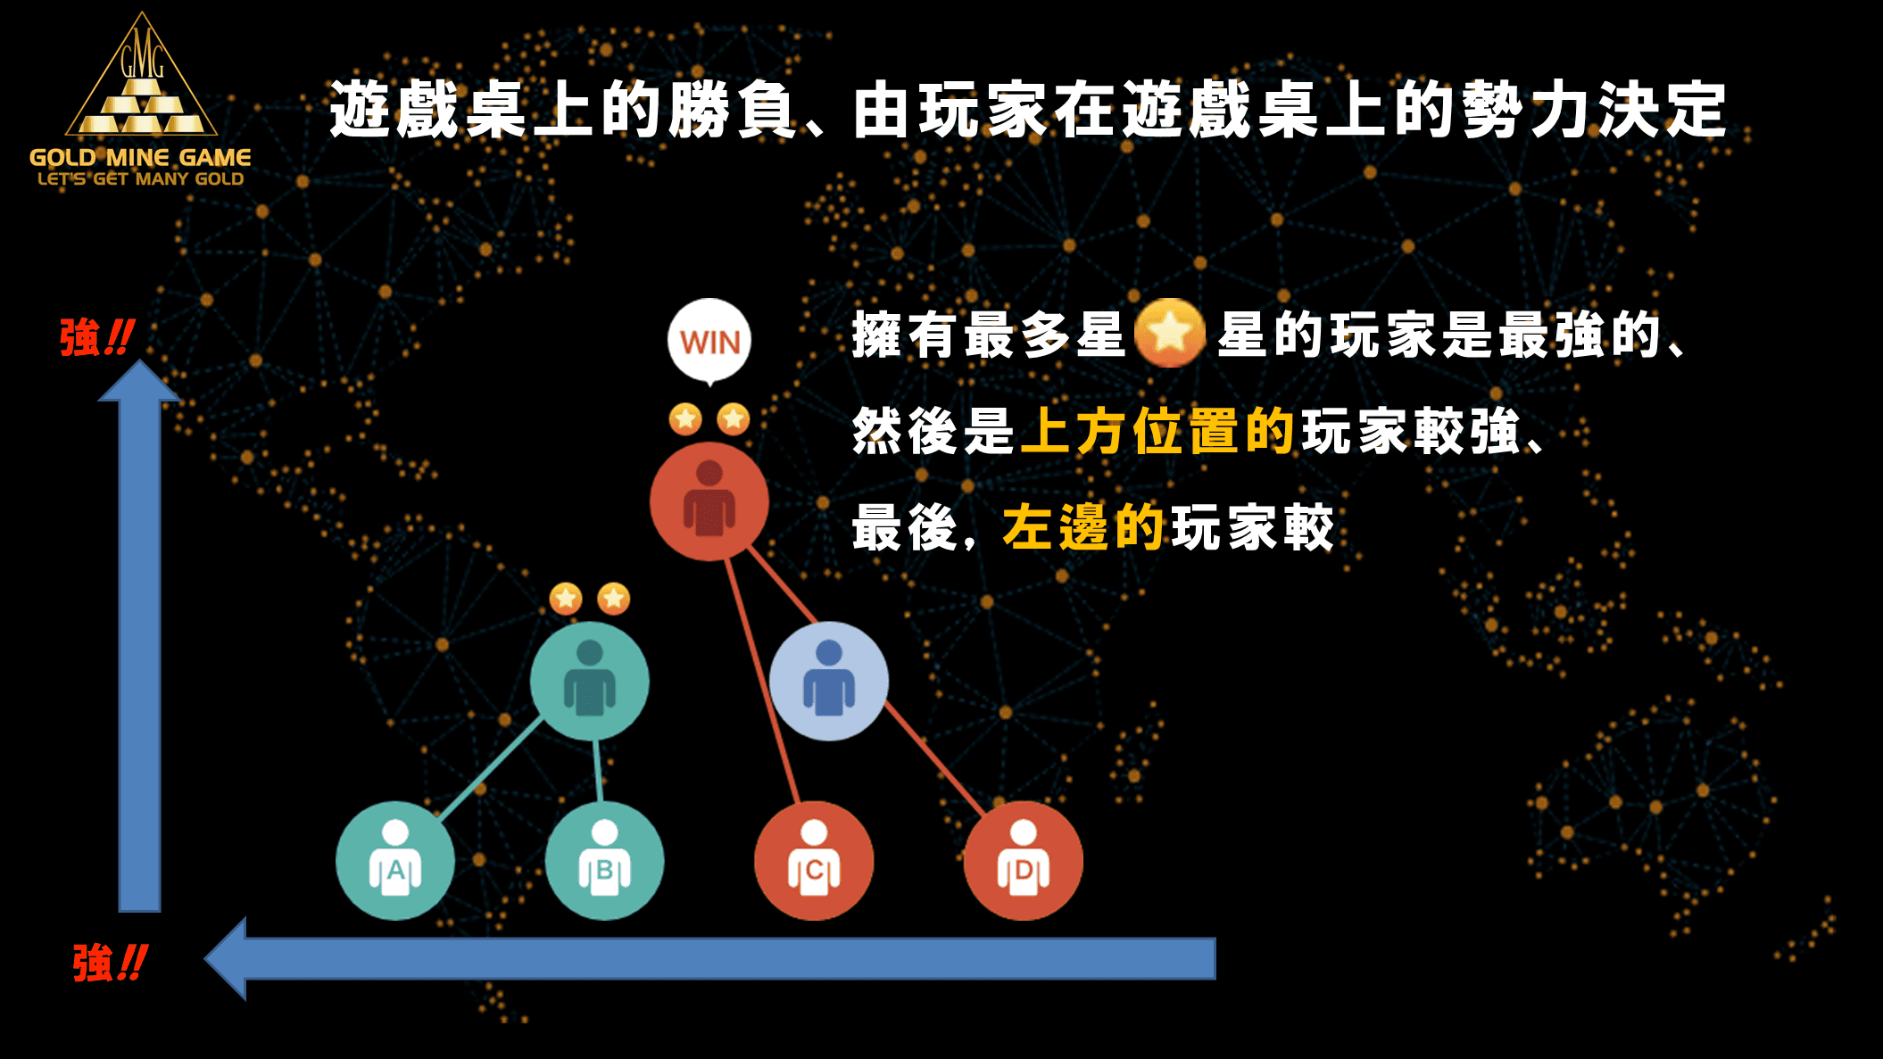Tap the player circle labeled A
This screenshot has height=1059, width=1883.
point(395,861)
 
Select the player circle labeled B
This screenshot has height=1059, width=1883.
point(605,861)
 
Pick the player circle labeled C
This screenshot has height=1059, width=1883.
point(814,861)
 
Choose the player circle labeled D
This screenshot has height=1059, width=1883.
point(1024,861)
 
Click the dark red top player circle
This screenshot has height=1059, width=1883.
point(709,501)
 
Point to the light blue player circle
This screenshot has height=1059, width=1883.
point(829,681)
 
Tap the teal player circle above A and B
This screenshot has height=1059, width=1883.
point(590,681)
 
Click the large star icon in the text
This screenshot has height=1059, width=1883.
point(1170,333)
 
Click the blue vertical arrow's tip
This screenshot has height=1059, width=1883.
point(140,360)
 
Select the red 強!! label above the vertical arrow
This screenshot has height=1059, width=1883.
point(97,337)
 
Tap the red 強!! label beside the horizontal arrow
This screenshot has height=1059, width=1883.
point(110,964)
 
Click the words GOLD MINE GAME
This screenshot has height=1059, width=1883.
point(140,158)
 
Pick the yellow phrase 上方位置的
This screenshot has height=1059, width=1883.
point(1157,431)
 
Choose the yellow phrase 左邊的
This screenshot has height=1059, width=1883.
point(1083,527)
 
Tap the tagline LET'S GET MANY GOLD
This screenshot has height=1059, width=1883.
point(140,178)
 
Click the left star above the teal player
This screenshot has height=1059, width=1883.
point(566,598)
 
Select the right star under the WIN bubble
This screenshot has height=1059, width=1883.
point(734,418)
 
